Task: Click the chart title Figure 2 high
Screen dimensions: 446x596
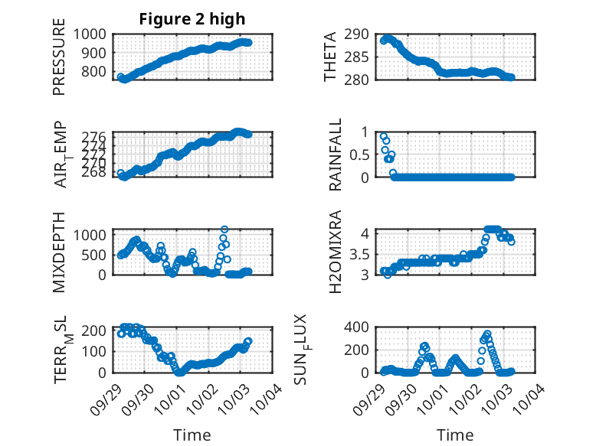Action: click(192, 20)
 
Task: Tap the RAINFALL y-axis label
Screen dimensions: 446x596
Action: click(335, 155)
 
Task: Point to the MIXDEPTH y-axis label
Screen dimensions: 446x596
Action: click(59, 252)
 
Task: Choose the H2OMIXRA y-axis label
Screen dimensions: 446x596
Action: click(335, 252)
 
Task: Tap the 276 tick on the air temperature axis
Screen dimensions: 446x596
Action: click(97, 136)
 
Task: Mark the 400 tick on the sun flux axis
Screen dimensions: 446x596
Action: click(362, 327)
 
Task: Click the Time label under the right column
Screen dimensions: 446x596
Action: click(455, 435)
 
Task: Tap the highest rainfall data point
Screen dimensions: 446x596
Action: click(384, 136)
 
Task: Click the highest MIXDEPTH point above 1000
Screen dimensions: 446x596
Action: click(224, 230)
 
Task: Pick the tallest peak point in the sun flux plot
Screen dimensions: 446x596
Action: click(487, 334)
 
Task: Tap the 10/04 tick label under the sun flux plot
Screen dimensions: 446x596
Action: click(534, 396)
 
